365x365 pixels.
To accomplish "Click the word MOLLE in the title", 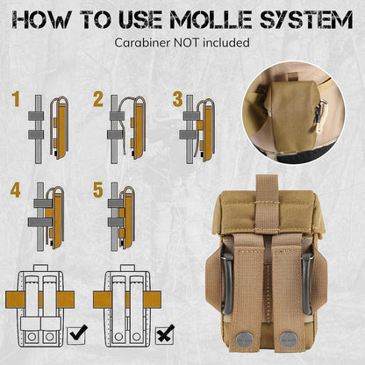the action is (211, 19).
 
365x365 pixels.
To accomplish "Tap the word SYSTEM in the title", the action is (306, 19).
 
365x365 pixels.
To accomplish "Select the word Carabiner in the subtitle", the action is (142, 43).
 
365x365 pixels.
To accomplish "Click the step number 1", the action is (16, 99).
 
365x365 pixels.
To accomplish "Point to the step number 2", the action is (98, 99).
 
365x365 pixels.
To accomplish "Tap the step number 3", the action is (177, 99).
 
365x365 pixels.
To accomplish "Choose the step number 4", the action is (16, 190).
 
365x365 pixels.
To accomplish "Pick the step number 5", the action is (98, 190).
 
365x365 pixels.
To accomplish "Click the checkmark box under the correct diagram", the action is (77, 334).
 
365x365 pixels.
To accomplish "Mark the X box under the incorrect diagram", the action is (165, 334).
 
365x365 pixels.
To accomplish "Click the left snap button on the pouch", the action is (245, 340).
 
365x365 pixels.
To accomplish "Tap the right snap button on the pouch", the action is (289, 340).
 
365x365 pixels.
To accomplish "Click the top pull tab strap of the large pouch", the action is (268, 202).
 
